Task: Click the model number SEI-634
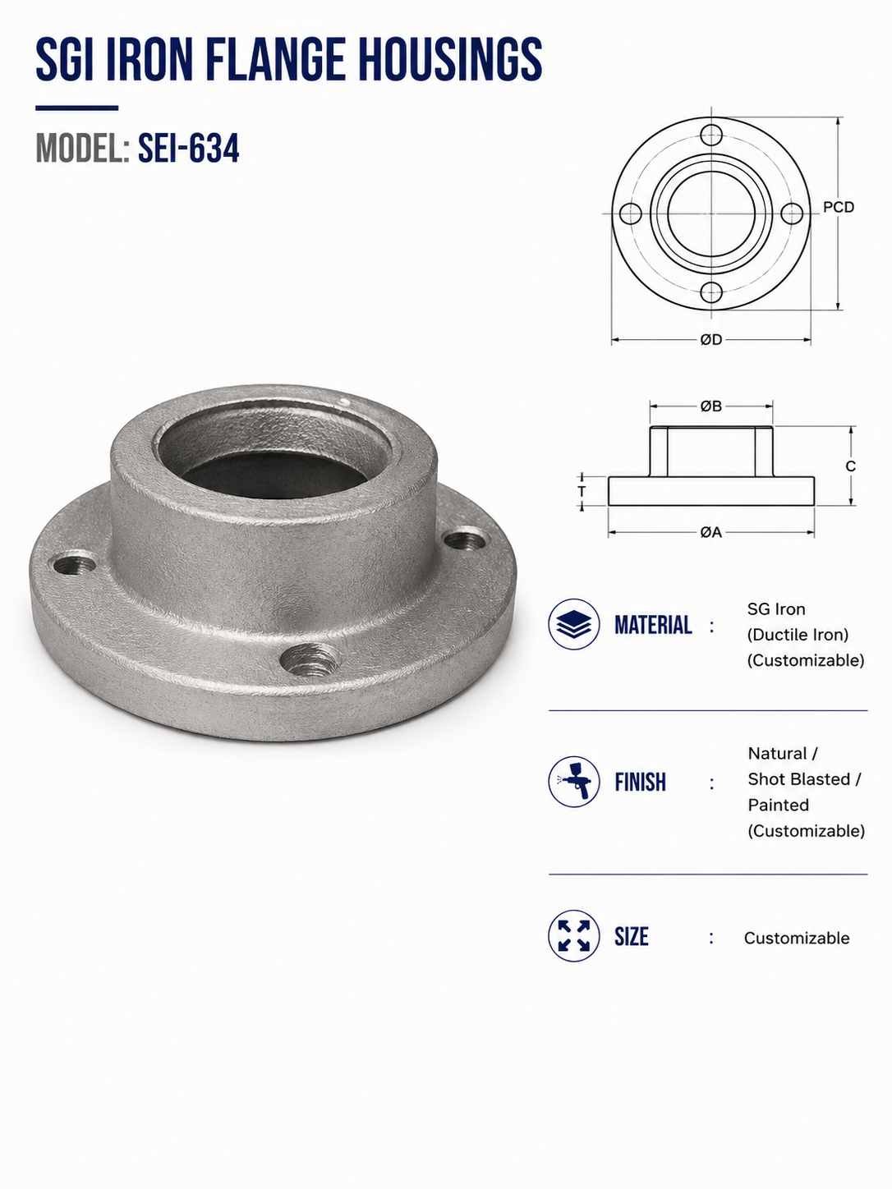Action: [x=188, y=149]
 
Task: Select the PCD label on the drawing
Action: [x=839, y=207]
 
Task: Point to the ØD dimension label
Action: [x=711, y=340]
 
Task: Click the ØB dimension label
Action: [x=711, y=406]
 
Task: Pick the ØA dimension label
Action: [x=711, y=532]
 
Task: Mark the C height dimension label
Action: [x=851, y=466]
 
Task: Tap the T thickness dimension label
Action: [x=582, y=491]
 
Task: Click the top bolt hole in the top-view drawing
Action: [x=711, y=135]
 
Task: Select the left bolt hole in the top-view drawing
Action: [x=631, y=213]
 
